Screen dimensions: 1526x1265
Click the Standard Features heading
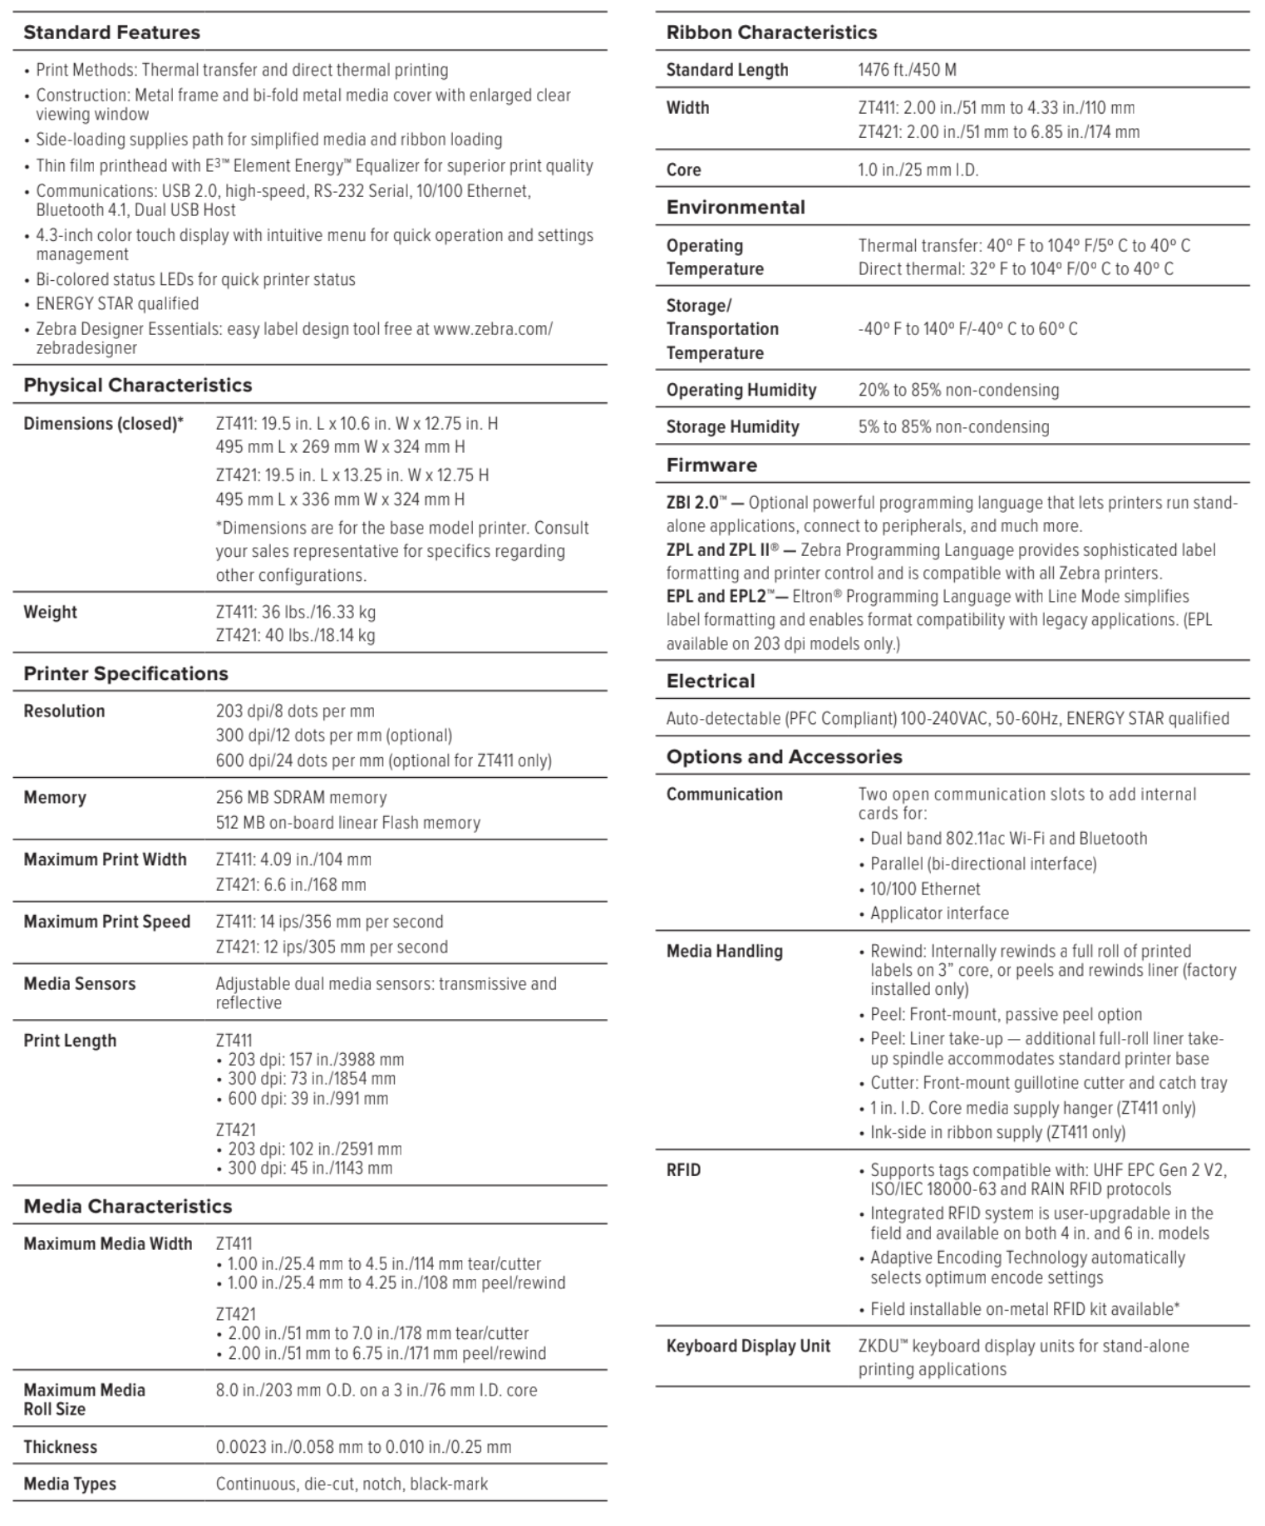(x=111, y=32)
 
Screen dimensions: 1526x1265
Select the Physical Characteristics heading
(x=137, y=385)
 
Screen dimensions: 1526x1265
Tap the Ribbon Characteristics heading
(x=771, y=32)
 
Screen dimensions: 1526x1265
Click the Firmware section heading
(x=711, y=465)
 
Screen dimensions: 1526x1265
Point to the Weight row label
(x=50, y=612)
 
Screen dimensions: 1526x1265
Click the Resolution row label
(x=64, y=711)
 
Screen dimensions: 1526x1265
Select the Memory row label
(x=55, y=797)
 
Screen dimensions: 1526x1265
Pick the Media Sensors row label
(x=79, y=983)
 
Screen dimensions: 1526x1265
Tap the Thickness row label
(x=60, y=1446)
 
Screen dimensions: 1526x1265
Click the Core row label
(x=683, y=170)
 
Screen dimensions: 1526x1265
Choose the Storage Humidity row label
(x=732, y=426)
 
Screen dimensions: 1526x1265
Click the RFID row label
(x=683, y=1169)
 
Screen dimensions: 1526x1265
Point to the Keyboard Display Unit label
(x=748, y=1346)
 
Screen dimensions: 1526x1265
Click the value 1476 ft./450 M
(x=907, y=70)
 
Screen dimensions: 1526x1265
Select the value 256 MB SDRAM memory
(x=301, y=797)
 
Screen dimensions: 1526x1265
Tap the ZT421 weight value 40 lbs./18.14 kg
(x=295, y=636)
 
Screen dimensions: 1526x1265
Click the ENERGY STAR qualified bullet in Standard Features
(x=117, y=303)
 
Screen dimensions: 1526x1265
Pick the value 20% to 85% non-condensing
(x=958, y=390)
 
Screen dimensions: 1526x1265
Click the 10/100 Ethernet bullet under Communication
(x=925, y=889)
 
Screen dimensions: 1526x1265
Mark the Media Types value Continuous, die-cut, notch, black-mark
(x=352, y=1484)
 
